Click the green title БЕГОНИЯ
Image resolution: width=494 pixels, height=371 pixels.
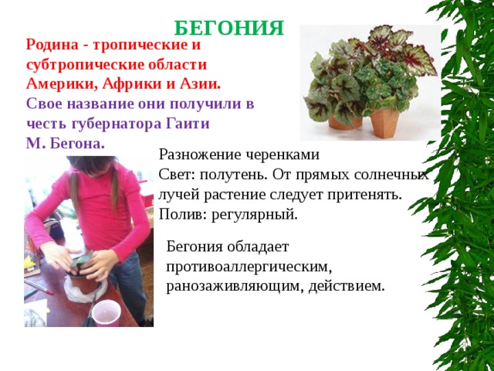[229, 28]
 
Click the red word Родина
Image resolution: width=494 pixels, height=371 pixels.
[52, 45]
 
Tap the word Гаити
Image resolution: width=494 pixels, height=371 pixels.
[188, 124]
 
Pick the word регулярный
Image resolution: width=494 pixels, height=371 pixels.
[255, 215]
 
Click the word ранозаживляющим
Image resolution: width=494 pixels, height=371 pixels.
[235, 287]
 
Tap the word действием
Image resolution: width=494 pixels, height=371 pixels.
[347, 286]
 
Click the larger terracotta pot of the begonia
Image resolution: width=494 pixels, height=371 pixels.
[384, 124]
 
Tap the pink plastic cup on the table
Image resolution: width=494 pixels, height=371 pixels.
[107, 312]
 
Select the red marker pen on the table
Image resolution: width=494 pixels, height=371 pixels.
[39, 287]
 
